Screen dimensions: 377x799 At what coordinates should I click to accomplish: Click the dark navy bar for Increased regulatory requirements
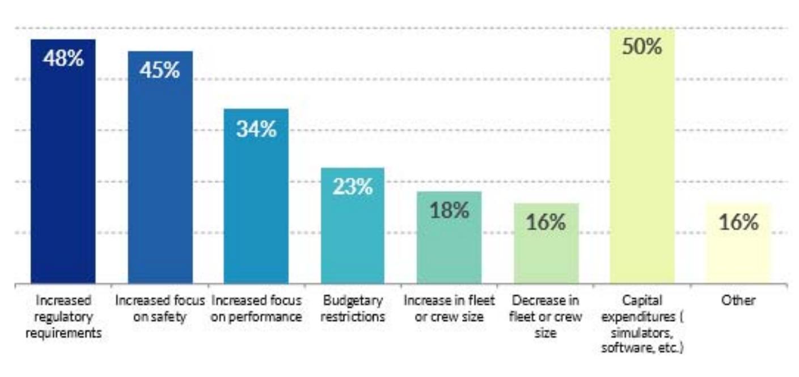click(63, 170)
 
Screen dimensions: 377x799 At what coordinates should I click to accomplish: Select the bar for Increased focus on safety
click(160, 176)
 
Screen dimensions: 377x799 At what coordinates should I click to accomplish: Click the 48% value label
click(63, 58)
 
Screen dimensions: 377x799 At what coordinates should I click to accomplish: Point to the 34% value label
click(256, 129)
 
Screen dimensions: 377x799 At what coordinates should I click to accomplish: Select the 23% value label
click(352, 187)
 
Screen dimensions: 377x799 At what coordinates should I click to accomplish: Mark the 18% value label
click(449, 210)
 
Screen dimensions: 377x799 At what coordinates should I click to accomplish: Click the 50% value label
click(642, 47)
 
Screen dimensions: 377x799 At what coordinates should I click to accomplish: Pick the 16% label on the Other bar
click(738, 222)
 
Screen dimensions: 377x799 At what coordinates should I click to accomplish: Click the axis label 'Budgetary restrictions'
click(352, 308)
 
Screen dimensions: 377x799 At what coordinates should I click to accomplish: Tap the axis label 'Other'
click(738, 300)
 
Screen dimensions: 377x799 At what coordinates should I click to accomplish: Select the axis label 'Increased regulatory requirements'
click(63, 316)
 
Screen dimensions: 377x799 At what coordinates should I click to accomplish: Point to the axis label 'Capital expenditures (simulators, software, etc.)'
click(642, 324)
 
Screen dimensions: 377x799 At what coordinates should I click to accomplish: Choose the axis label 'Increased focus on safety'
click(160, 308)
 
